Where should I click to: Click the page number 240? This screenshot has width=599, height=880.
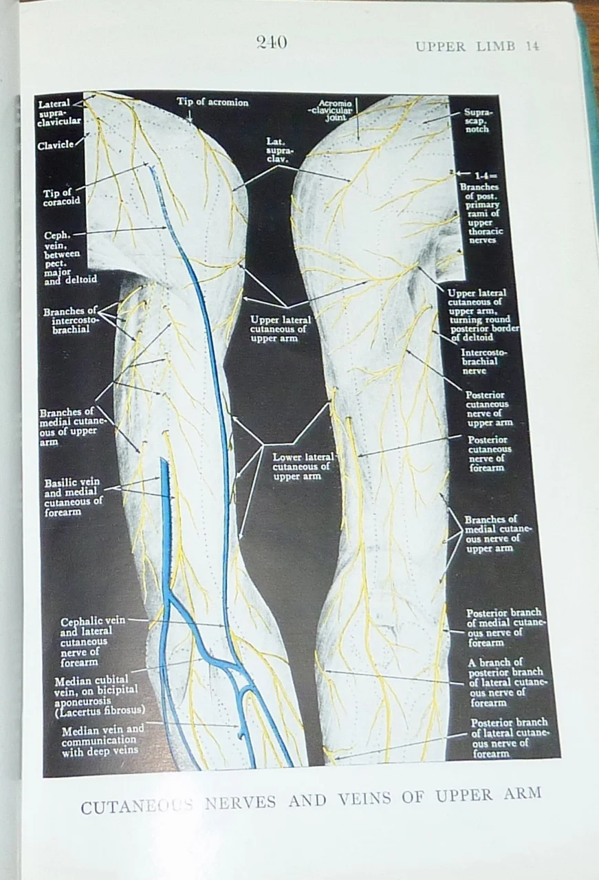[271, 43]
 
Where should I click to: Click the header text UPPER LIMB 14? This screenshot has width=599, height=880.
[477, 47]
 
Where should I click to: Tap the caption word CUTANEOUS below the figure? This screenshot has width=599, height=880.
[131, 805]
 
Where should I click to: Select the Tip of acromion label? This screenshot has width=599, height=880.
[213, 102]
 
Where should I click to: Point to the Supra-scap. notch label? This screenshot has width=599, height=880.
[476, 119]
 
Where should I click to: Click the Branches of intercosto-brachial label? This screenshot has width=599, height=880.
[72, 320]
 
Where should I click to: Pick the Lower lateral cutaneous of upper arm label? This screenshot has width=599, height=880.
[303, 465]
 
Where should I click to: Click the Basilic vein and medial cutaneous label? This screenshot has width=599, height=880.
[73, 497]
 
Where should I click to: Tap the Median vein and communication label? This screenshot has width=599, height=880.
[103, 740]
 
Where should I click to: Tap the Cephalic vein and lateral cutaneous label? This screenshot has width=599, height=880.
[92, 641]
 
